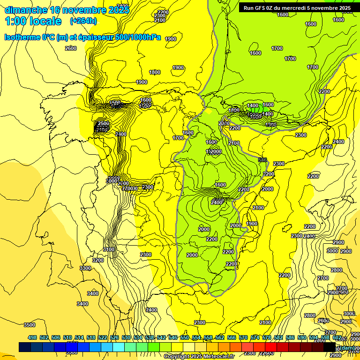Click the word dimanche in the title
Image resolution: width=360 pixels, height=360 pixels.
pyautogui.click(x=25, y=10)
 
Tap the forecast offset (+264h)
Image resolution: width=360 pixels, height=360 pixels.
pyautogui.click(x=83, y=21)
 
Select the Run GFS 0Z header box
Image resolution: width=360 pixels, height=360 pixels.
pyautogui.click(x=297, y=8)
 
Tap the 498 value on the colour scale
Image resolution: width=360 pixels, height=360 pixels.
pyautogui.click(x=32, y=337)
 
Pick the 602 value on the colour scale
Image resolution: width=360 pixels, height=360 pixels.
pyautogui.click(x=337, y=337)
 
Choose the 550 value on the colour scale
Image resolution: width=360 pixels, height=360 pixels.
pyautogui.click(x=185, y=337)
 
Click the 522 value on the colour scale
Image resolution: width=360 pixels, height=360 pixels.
pyautogui.click(x=103, y=337)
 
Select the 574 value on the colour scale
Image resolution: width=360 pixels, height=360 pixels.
pyautogui.click(x=255, y=337)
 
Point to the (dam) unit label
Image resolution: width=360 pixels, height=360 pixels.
pyautogui.click(x=347, y=347)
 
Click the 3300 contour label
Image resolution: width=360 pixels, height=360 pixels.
pyautogui.click(x=85, y=268)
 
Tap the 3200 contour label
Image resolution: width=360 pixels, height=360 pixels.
pyautogui.click(x=97, y=260)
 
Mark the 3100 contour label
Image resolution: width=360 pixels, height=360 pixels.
pyautogui.click(x=109, y=249)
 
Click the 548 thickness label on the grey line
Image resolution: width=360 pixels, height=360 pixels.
pyautogui.click(x=262, y=160)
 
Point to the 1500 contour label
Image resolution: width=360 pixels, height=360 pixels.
pyautogui.click(x=115, y=103)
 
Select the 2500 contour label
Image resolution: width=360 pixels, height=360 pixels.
pyautogui.click(x=103, y=123)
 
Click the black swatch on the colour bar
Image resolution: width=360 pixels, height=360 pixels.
pyautogui.click(x=330, y=347)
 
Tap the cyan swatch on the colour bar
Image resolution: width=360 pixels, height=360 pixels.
pyautogui.click(x=119, y=347)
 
